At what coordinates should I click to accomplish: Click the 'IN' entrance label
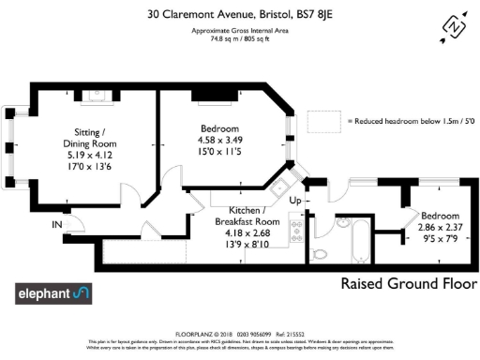[x=57, y=226]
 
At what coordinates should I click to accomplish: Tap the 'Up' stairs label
[x=295, y=201]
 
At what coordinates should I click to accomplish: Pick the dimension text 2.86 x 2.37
[x=441, y=227]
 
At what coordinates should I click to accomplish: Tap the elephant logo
[x=54, y=294]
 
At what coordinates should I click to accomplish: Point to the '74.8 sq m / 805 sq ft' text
[x=239, y=38]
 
